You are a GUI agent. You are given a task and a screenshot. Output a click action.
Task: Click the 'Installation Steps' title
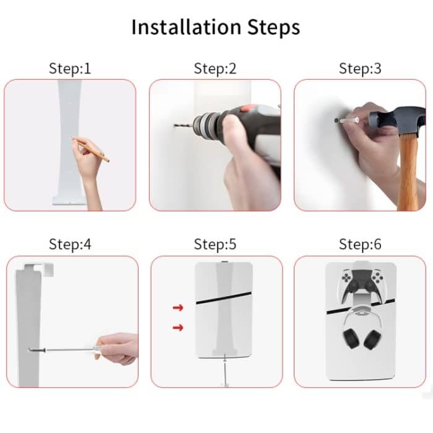point(216,28)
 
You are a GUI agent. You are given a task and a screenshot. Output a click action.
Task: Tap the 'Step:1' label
point(70,69)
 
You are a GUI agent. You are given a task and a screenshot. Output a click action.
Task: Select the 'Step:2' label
point(215,69)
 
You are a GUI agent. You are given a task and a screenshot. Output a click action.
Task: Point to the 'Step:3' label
point(359,69)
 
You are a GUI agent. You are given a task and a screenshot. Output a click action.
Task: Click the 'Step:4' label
point(70,244)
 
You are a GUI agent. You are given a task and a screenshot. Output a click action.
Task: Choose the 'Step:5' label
point(215,244)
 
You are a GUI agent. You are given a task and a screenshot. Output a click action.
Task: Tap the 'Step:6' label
point(359,244)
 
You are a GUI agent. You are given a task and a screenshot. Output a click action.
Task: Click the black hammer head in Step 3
point(396,120)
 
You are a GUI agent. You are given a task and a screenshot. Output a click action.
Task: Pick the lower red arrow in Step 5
point(178,327)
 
